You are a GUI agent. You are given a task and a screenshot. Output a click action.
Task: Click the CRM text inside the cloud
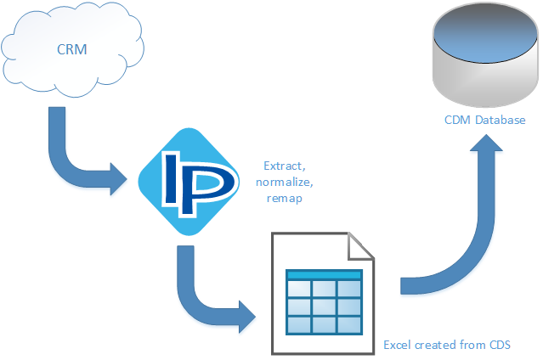[x=71, y=49]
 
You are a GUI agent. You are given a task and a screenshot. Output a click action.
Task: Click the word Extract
[x=282, y=166]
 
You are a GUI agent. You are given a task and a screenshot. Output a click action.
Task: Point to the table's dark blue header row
[x=324, y=275]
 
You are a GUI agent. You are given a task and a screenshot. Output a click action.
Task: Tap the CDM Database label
[x=485, y=121]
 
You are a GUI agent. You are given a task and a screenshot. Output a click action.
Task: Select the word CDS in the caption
[x=498, y=344]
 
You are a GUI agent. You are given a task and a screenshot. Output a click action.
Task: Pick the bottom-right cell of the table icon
[x=349, y=324]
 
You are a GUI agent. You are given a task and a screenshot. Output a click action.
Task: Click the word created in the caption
[x=437, y=344]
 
